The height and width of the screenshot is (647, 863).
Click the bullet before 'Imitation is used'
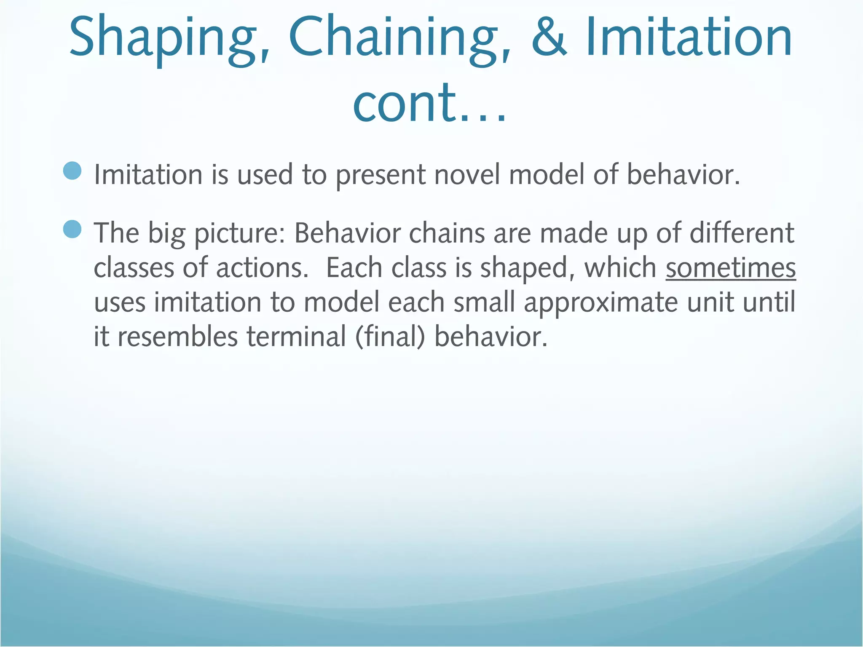pos(72,171)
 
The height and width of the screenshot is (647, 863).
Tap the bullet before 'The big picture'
pos(72,230)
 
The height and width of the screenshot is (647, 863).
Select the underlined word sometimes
pos(731,268)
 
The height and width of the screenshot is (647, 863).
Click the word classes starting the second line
pos(133,268)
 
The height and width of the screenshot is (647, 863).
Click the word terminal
pos(296,337)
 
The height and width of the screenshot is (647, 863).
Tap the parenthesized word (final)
pos(390,337)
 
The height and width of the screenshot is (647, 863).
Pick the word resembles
pos(177,337)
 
